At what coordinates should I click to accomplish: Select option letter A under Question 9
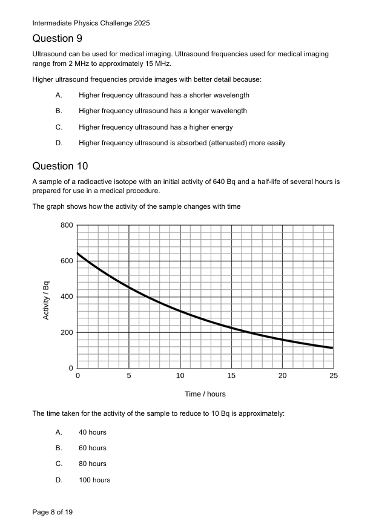59,95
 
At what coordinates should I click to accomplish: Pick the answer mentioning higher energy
156,127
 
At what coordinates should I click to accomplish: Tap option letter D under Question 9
59,143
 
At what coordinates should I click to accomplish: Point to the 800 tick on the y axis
67,226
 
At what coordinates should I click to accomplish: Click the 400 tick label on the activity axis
67,297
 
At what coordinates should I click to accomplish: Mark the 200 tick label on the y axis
67,332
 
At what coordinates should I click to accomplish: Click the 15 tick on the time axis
231,376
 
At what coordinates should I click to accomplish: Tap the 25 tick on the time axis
334,376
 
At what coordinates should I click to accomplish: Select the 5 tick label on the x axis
129,376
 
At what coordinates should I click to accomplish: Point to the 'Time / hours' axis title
205,394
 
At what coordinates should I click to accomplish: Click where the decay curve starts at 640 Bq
78,254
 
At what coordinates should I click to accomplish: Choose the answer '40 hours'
92,432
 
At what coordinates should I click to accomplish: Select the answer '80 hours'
92,464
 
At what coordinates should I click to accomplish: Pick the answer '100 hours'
94,480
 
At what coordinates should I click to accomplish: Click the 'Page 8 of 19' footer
53,512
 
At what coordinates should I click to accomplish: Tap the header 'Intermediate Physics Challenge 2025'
91,23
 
